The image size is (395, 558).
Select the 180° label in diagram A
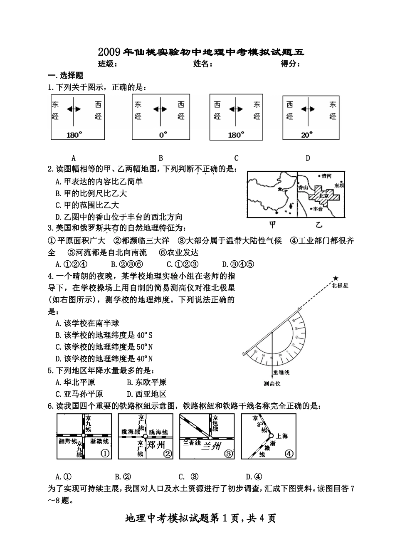click(x=74, y=134)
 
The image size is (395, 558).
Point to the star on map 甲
click(x=280, y=189)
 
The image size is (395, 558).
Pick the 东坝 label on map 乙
click(x=339, y=185)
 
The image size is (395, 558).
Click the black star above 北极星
click(x=336, y=278)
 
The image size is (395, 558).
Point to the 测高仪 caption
click(x=272, y=383)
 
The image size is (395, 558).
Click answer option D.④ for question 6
click(x=254, y=477)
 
